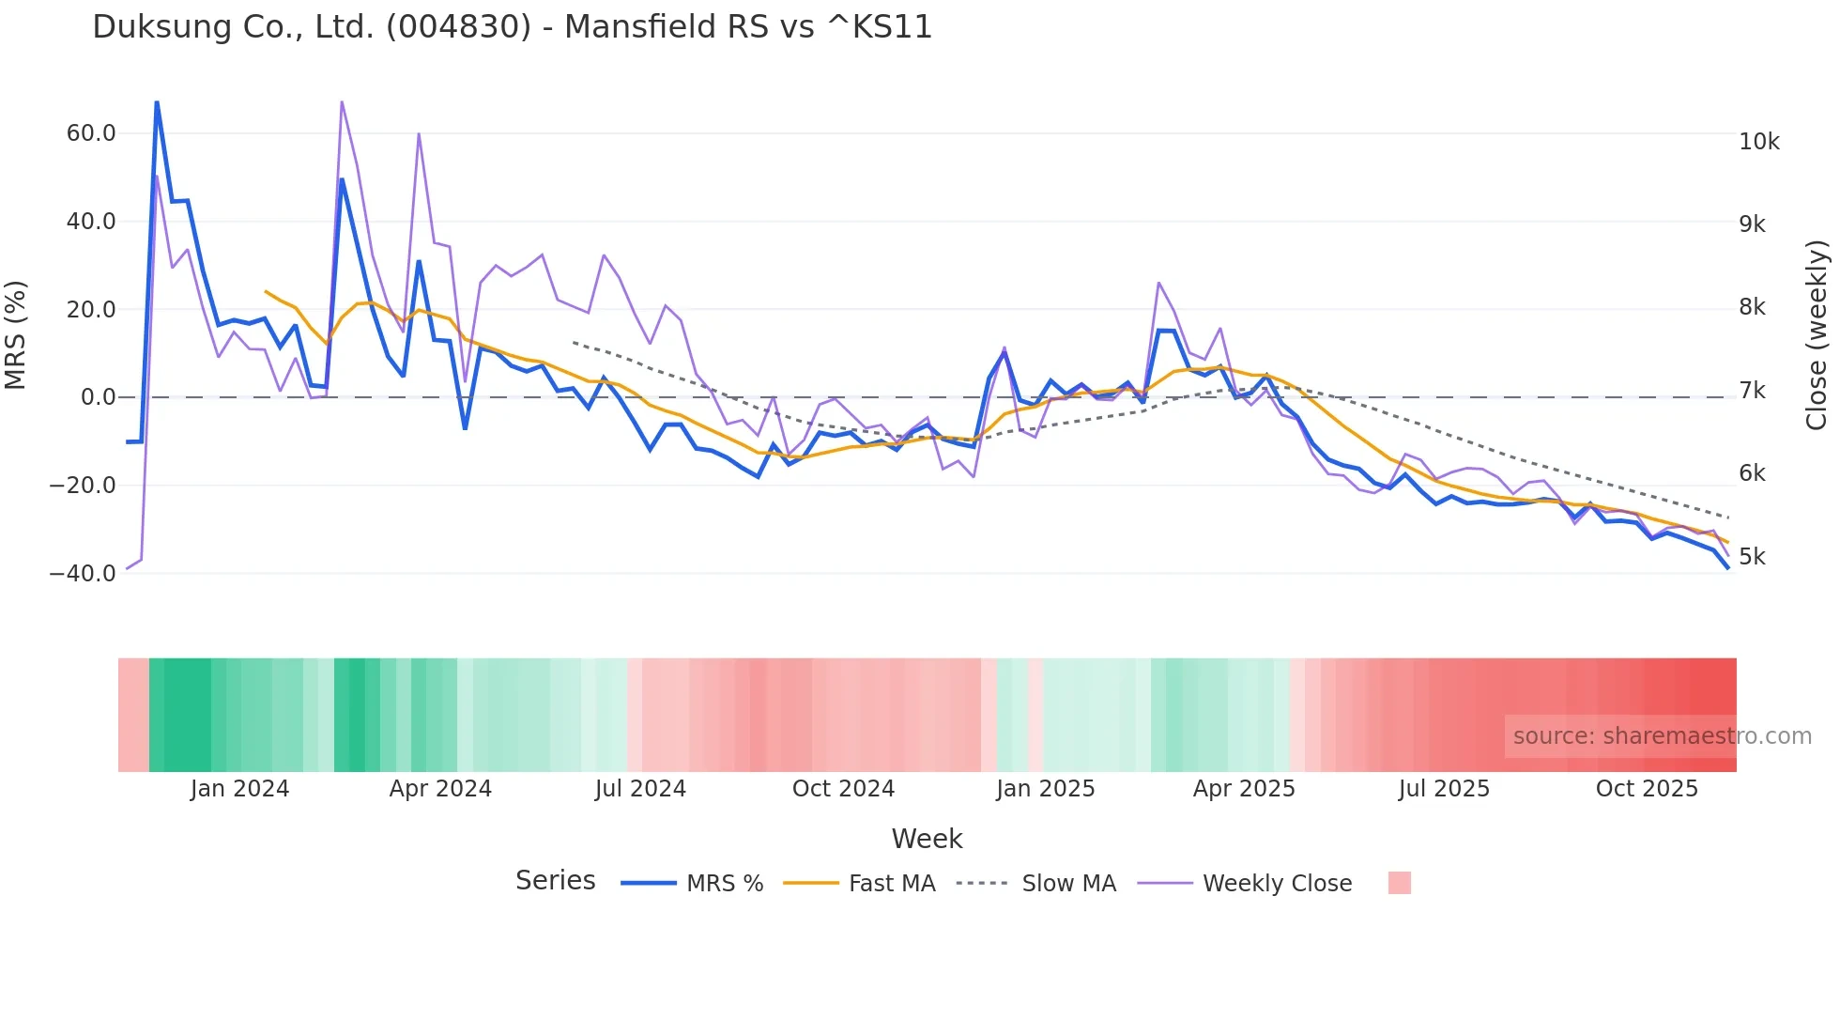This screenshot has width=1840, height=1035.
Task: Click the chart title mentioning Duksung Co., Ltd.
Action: pos(512,27)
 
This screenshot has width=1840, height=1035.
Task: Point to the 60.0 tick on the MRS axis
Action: pos(91,133)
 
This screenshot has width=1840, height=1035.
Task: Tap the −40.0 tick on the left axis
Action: pos(83,573)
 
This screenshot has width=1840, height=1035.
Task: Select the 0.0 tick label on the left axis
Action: pos(99,397)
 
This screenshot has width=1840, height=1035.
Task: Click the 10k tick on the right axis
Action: pos(1758,142)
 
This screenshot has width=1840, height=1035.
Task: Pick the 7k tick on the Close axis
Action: pos(1752,391)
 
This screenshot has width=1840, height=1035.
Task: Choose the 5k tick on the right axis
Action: pos(1752,557)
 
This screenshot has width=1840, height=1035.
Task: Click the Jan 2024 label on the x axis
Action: pos(239,789)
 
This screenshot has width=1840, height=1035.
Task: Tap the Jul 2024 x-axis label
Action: pos(640,789)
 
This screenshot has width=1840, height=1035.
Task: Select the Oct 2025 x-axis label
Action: pos(1647,789)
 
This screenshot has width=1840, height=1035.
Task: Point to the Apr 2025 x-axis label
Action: pos(1244,789)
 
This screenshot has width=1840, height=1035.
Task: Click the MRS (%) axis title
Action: pos(16,334)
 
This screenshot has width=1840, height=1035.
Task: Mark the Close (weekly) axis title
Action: pos(1817,334)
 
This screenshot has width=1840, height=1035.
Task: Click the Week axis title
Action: pos(927,839)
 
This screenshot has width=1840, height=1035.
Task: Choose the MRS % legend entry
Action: pos(724,884)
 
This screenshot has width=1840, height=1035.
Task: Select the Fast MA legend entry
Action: pos(891,884)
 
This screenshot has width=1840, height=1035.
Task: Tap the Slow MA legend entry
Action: pos(1068,884)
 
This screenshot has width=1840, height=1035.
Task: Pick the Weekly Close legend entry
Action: pos(1277,884)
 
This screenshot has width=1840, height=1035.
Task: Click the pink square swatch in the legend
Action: pos(1399,883)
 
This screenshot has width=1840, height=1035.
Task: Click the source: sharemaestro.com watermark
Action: pos(1662,736)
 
